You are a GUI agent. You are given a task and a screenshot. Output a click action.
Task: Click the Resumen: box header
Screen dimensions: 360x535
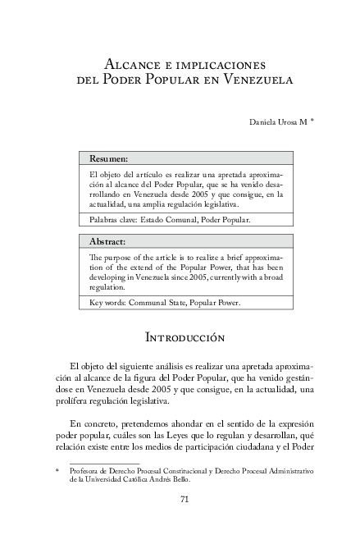[108, 158]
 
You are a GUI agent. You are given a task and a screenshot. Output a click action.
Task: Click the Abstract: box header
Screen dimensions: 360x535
[107, 242]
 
